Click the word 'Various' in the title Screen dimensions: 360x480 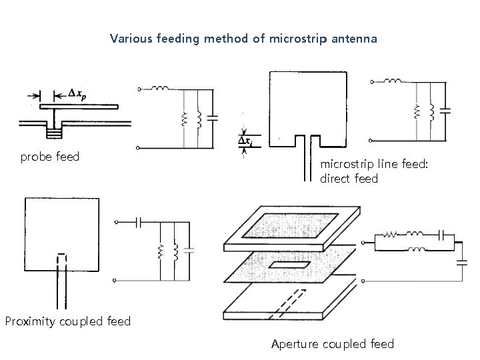(130, 39)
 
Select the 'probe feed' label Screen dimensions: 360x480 (50, 157)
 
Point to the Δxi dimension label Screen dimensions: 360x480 (245, 141)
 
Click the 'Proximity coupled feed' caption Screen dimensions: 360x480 (67, 321)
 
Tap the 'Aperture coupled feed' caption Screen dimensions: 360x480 (333, 344)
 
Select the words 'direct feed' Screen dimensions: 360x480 (349, 179)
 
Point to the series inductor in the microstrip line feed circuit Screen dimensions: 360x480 (394, 82)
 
